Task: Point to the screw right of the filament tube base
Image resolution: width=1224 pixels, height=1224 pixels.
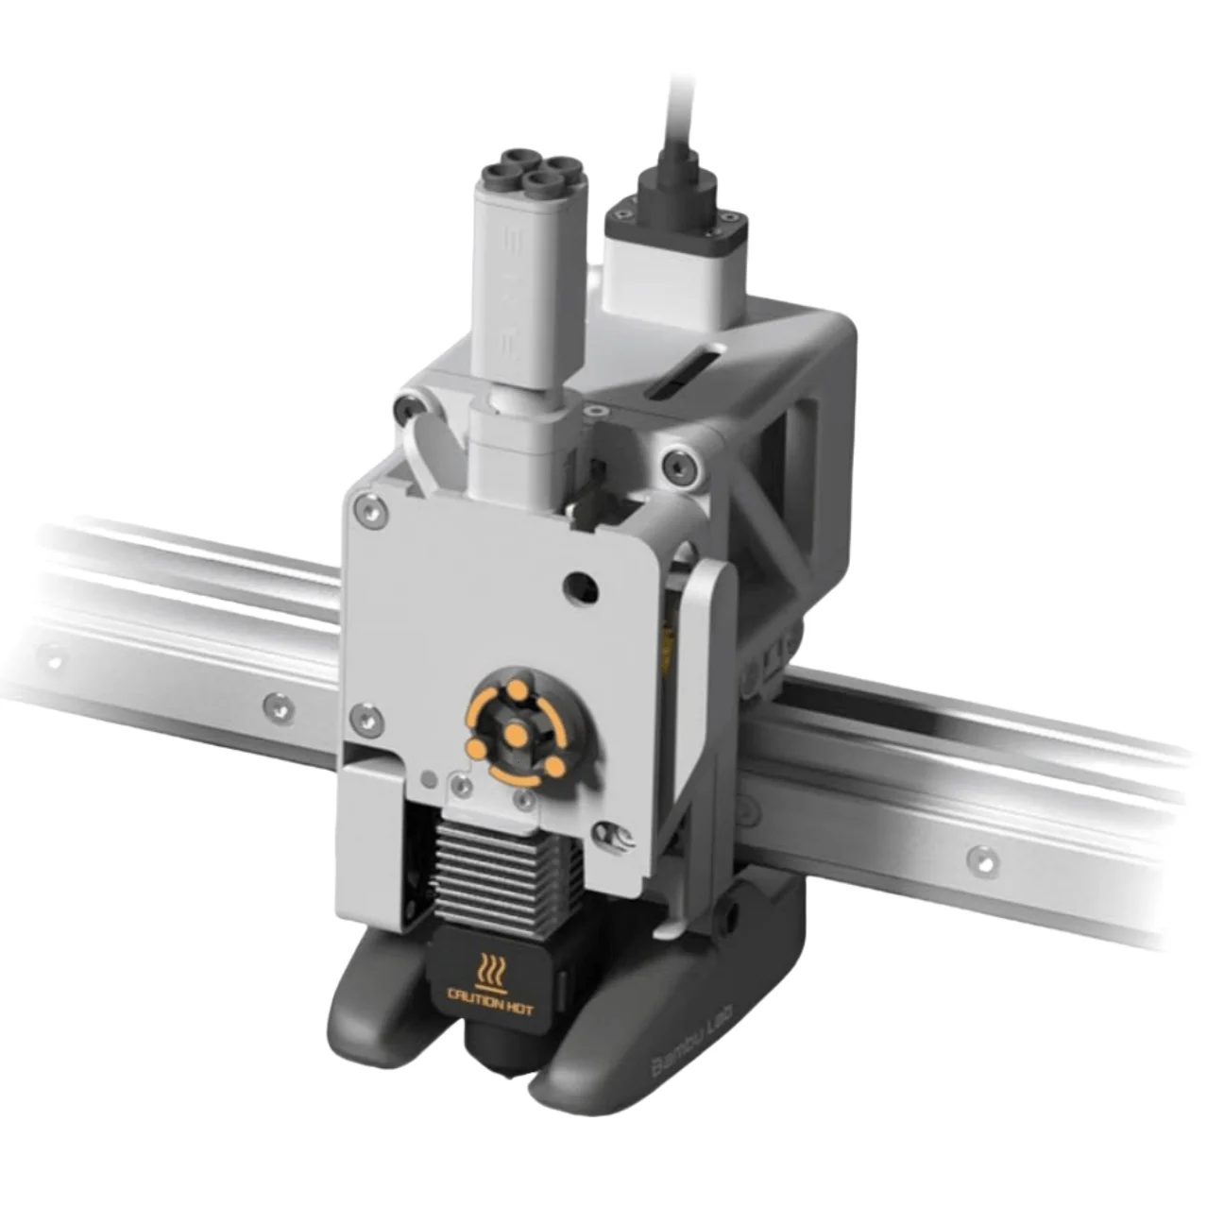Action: [x=597, y=413]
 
